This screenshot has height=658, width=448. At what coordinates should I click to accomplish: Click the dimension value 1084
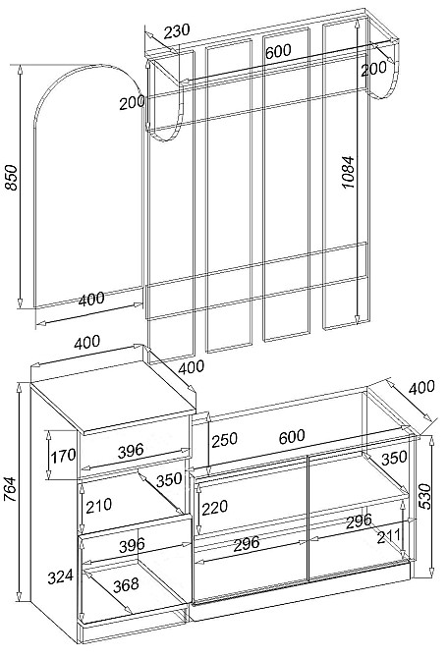(x=348, y=172)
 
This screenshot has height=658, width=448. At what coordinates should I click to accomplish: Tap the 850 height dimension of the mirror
(x=12, y=178)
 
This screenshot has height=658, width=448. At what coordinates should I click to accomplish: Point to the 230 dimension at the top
(x=177, y=31)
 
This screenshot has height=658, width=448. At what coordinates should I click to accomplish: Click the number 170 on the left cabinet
(x=63, y=456)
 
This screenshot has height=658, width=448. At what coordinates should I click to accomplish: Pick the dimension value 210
(x=98, y=505)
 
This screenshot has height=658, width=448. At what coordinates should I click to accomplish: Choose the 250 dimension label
(x=224, y=440)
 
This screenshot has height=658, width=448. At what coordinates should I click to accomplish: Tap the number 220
(x=215, y=508)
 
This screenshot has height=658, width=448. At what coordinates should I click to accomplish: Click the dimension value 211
(x=389, y=537)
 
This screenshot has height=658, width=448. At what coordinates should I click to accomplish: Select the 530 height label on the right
(x=425, y=496)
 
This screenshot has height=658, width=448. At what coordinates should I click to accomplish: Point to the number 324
(x=60, y=577)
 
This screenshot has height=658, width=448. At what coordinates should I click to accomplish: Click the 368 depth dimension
(x=126, y=584)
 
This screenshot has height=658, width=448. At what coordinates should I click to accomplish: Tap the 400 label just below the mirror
(x=91, y=299)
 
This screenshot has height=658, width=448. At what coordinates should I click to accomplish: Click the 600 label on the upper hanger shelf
(x=278, y=51)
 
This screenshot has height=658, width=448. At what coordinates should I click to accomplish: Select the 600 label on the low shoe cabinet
(x=292, y=437)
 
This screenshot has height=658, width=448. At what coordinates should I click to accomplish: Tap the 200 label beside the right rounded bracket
(x=373, y=69)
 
